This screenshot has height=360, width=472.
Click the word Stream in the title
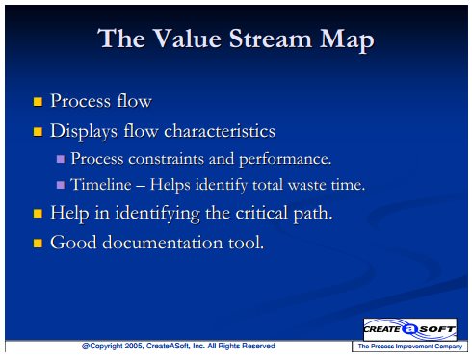[x=271, y=39]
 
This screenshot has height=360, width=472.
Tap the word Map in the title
[x=347, y=40]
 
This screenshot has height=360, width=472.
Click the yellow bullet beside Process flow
[x=38, y=102]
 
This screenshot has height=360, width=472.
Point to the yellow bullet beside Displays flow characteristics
[x=38, y=132]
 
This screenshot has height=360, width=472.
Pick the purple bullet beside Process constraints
[x=61, y=159]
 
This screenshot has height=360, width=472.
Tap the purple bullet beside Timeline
[x=61, y=185]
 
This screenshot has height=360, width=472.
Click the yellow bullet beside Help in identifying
[x=38, y=214]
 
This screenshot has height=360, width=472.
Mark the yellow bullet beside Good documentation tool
[x=38, y=243]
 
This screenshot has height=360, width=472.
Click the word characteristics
[x=220, y=131]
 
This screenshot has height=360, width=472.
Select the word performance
[x=285, y=159]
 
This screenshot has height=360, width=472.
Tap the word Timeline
[x=101, y=184]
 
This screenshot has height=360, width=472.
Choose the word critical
[x=262, y=213]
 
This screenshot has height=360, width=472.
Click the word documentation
[x=163, y=243]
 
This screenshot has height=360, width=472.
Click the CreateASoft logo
[x=410, y=329]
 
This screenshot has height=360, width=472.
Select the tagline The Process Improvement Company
[x=410, y=347]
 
